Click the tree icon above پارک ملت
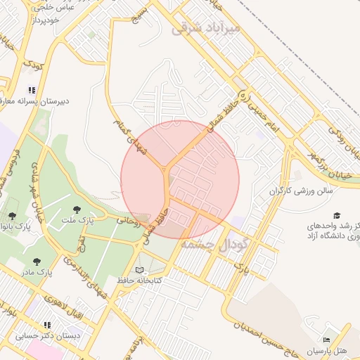tap(77, 209)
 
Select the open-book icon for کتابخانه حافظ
tap(139, 269)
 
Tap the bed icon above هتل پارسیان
tap(326, 340)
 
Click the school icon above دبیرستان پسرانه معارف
tap(31, 89)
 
